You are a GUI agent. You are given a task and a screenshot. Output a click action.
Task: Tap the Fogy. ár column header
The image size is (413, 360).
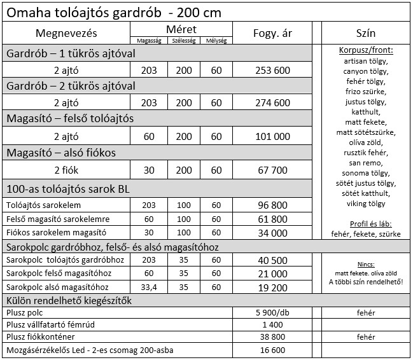[x=272, y=33]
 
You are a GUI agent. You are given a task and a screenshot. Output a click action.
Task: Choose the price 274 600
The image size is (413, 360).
[x=272, y=102]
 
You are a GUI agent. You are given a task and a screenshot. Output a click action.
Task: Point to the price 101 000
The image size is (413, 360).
[x=272, y=136]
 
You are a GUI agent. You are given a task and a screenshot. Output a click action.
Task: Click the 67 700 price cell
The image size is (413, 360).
[x=272, y=170]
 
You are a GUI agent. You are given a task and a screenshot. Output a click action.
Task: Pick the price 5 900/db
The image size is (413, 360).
[x=272, y=313]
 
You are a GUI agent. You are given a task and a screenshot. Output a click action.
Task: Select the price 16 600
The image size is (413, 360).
[x=272, y=350]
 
